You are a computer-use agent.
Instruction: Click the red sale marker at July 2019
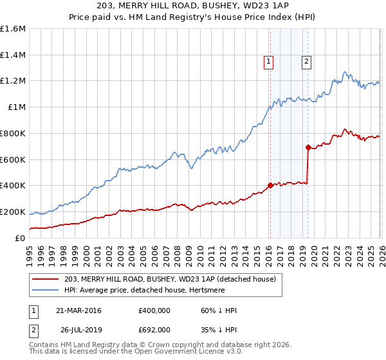pyautogui.click(x=308, y=147)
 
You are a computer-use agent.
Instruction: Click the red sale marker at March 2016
pyautogui.click(x=270, y=185)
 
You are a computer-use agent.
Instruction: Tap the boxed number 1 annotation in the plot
pyautogui.click(x=268, y=62)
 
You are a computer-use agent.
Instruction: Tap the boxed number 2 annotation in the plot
pyautogui.click(x=306, y=62)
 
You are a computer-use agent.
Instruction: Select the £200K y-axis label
pyautogui.click(x=13, y=212)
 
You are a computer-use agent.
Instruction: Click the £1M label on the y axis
pyautogui.click(x=17, y=107)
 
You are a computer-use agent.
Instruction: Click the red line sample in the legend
pyautogui.click(x=46, y=278)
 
